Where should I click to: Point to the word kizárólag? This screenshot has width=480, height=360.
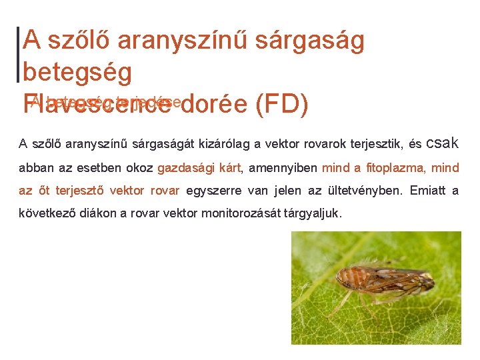point(203,143)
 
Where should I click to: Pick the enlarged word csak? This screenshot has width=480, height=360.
point(442,142)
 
